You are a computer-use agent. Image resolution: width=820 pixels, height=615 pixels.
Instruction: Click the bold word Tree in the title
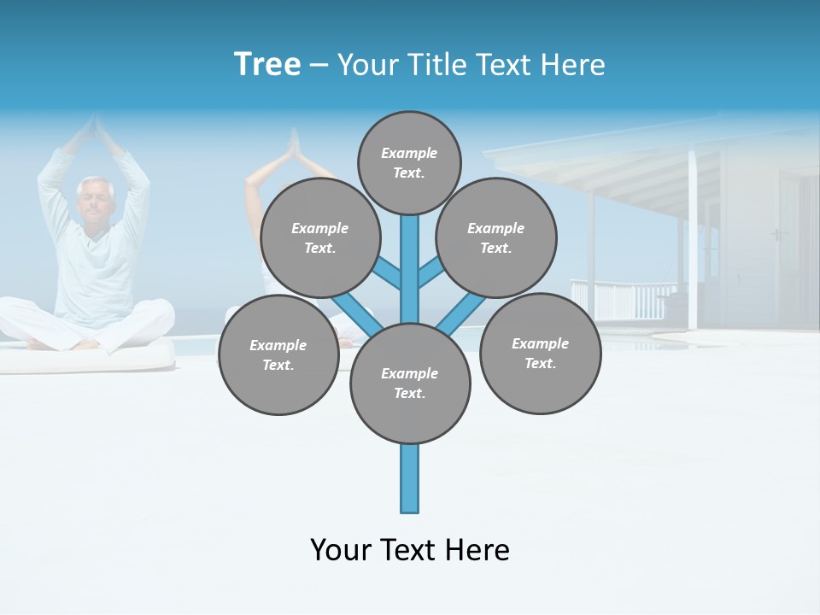tap(267, 64)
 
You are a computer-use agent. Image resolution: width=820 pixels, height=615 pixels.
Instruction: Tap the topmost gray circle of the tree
tap(409, 162)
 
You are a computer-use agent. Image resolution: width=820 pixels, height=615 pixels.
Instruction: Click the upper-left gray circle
tap(320, 238)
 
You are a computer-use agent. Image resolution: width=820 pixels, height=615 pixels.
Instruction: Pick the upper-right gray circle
tap(496, 238)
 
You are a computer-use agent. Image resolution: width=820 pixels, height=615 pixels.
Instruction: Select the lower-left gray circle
tap(278, 355)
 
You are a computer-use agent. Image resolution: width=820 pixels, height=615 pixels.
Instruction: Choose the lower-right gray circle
tap(540, 354)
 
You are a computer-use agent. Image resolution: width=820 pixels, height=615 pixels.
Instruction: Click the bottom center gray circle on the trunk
tap(410, 384)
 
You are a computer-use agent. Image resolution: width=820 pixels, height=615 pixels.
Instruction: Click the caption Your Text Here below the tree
tap(410, 550)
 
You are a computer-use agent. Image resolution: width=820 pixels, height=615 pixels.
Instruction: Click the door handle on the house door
tap(776, 233)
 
